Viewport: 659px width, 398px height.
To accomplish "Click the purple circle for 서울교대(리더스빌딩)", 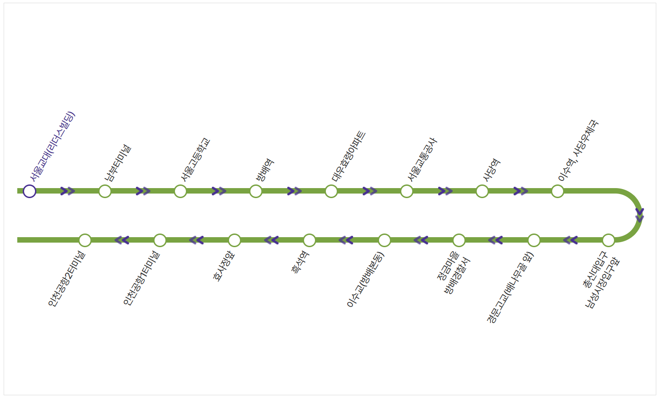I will tap(30, 191).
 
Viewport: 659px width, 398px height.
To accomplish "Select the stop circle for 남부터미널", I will tap(105, 191).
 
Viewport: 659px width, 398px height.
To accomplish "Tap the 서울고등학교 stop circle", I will tap(180, 191).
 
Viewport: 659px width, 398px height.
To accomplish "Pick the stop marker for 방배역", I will tap(256, 191).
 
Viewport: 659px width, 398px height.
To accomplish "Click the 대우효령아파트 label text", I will tap(349, 157).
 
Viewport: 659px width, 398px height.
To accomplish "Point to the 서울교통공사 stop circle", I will tap(407, 191).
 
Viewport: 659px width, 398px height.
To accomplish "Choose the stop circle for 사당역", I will tap(482, 191).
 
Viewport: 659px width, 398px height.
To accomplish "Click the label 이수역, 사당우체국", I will tap(579, 150).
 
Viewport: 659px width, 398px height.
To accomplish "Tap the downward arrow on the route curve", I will tap(639, 215).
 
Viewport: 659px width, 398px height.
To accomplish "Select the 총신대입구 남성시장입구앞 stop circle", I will tap(609, 240).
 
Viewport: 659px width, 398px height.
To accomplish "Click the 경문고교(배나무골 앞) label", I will tap(510, 288).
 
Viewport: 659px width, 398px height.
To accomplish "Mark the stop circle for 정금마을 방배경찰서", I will tap(459, 240).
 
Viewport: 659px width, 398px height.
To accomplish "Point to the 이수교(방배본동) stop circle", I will tap(384, 240).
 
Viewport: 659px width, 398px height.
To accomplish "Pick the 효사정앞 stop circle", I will tap(235, 240).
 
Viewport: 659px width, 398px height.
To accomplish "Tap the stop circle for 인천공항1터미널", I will tap(160, 240).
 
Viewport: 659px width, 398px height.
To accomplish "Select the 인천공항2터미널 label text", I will tap(66, 279).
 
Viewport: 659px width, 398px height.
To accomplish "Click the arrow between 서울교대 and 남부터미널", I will tap(67, 191).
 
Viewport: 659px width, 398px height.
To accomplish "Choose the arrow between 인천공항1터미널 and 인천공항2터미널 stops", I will tap(122, 240).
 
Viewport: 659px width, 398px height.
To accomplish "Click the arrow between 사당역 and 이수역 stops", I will tap(520, 191).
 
